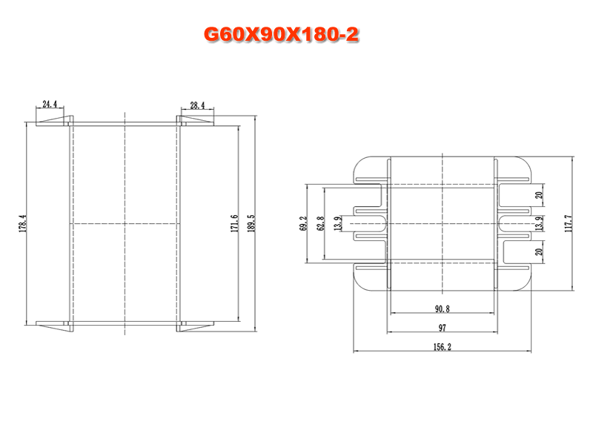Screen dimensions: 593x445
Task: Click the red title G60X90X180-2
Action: pos(281,35)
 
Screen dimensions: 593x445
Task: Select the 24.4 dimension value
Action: pos(50,104)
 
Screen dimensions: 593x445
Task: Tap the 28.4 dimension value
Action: pos(197,105)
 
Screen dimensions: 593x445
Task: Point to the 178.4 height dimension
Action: pos(23,223)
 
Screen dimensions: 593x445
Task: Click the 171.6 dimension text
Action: pos(235,223)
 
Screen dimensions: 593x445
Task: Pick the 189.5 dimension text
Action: pos(251,223)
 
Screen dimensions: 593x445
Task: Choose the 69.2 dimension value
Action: pos(303,224)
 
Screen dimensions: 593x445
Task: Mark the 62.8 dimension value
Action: pos(321,224)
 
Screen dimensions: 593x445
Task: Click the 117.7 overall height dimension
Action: pos(569,223)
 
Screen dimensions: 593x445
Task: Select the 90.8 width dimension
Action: pos(442,309)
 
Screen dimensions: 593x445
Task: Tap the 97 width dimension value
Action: pos(442,328)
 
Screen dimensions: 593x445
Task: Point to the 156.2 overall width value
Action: pos(442,346)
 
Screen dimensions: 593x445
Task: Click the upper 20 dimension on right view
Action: pos(539,195)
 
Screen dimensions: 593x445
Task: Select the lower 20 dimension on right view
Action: pos(539,251)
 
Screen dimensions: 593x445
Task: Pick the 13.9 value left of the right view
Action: pos(338,223)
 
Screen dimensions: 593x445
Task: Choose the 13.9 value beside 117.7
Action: pos(540,223)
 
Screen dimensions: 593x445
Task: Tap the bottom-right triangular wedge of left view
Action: pos(197,326)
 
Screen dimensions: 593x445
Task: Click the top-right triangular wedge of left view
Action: pos(197,120)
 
